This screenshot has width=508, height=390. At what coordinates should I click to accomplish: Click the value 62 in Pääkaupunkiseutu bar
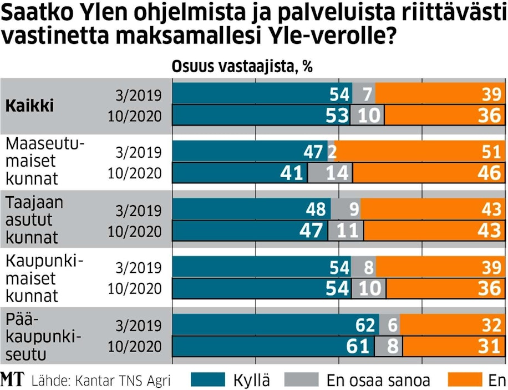pos(367,325)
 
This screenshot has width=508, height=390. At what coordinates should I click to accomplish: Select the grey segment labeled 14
pos(329,173)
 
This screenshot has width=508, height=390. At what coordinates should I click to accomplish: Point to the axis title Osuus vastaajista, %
pos(242,67)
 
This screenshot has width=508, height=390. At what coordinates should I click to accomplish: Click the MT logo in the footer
pos(12,380)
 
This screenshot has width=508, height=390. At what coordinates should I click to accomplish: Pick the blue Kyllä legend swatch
pos(208,380)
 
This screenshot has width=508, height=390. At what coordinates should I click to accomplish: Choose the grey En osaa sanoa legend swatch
pos(302,380)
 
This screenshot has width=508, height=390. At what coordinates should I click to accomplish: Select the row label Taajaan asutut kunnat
pos(34,221)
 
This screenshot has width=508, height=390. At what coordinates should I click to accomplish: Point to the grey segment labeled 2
pos(332,152)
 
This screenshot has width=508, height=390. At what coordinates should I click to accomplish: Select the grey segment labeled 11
pos(346,231)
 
